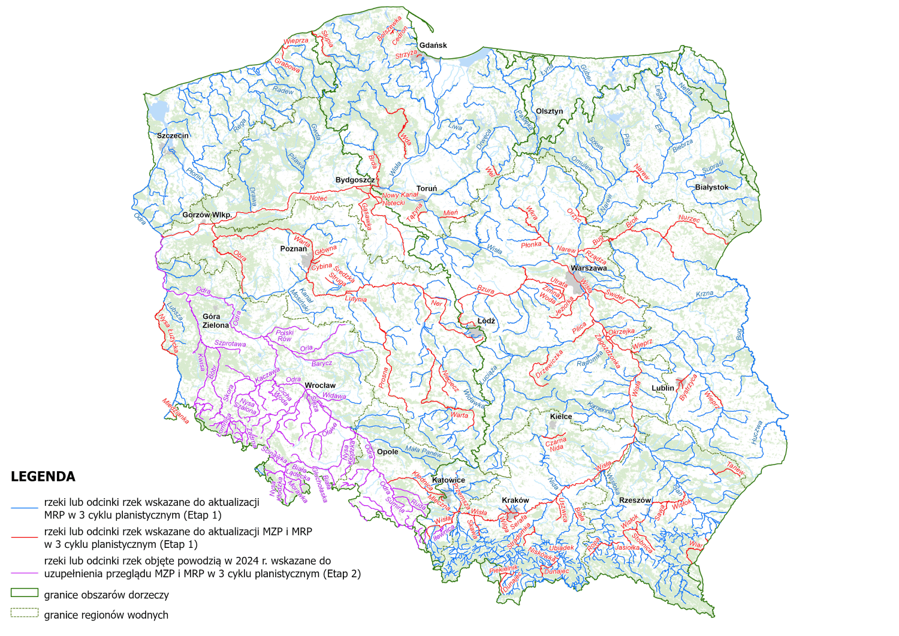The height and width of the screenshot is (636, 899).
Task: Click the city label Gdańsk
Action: tap(433, 46)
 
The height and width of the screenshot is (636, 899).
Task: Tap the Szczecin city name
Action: tap(173, 135)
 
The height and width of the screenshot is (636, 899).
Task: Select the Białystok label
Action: tap(711, 188)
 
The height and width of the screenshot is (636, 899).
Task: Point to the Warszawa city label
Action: tap(589, 268)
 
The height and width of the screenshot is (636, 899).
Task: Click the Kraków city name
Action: tap(515, 501)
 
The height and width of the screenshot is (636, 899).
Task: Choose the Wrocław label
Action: tap(320, 385)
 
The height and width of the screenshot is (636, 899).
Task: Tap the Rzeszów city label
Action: tap(635, 500)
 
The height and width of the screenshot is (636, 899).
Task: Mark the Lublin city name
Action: tap(663, 388)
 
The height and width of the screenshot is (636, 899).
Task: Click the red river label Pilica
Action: tap(579, 328)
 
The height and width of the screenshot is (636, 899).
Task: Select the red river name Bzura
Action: tap(485, 290)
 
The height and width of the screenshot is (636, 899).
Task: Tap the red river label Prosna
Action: tap(384, 378)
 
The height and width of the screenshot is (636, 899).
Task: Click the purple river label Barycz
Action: tap(322, 364)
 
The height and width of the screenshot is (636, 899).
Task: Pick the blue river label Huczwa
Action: tap(757, 432)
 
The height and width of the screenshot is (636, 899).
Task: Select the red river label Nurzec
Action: tap(689, 219)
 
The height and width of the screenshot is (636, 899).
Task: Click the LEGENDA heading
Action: tap(43, 477)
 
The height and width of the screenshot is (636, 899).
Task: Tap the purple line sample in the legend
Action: tap(24, 574)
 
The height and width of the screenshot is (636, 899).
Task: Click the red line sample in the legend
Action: tap(24, 538)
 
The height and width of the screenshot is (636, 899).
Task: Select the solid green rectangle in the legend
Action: tap(24, 593)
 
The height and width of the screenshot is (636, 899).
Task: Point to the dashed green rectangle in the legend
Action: tap(24, 613)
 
